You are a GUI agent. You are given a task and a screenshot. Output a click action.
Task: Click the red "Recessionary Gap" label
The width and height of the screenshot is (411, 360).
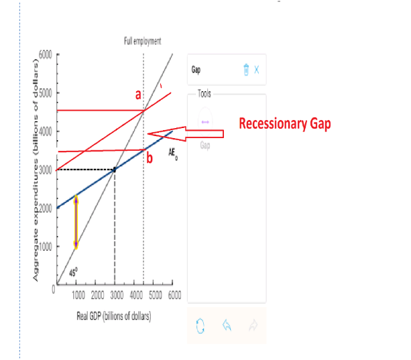tap(285, 124)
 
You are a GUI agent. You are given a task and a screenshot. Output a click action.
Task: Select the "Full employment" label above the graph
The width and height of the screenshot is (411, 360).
tap(143, 41)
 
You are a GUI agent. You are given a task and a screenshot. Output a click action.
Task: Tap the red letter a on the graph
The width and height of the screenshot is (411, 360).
tap(137, 96)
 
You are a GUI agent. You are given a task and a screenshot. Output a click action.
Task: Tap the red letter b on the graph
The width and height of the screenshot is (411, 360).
tap(150, 158)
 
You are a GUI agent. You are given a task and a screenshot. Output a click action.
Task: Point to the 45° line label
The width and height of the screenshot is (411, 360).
tap(74, 273)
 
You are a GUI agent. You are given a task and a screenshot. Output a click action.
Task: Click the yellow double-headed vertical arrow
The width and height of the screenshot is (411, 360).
tap(76, 222)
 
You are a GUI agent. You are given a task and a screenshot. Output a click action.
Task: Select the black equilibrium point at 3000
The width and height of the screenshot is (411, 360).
tap(115, 170)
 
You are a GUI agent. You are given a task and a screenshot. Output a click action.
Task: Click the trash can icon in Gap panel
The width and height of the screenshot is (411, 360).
tap(246, 69)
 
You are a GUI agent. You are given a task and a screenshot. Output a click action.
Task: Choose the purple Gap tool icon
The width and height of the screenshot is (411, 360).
tap(205, 121)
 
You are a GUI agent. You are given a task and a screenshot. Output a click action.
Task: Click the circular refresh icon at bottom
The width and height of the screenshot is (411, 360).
tap(198, 326)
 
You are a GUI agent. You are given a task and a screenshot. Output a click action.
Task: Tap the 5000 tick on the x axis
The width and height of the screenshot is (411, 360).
tap(155, 294)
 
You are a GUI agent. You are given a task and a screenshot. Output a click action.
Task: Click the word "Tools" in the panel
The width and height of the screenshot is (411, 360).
tap(204, 93)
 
